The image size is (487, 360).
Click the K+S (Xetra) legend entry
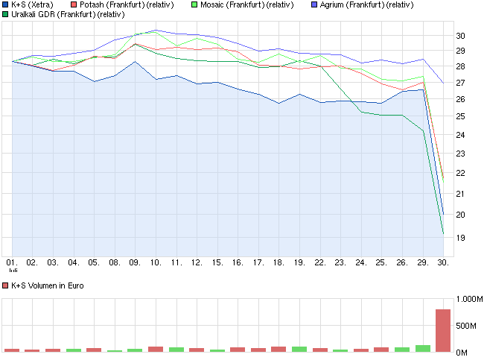(33, 4)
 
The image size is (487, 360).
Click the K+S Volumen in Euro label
(48, 285)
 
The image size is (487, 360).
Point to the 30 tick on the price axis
(460, 36)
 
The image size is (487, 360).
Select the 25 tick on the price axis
(460, 117)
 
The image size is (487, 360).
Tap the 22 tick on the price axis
(460, 174)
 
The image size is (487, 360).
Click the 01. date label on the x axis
(12, 263)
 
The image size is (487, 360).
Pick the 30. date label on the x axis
(443, 263)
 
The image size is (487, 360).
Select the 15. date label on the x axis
(217, 263)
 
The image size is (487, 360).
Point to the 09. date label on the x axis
(135, 263)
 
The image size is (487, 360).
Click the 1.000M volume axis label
(468, 299)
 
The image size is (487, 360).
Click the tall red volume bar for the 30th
(443, 330)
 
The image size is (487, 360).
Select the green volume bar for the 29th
(423, 348)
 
